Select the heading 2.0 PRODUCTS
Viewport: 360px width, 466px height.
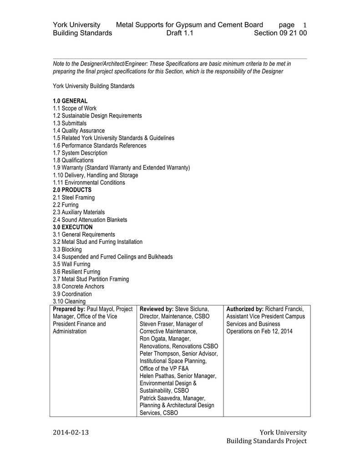click(72, 190)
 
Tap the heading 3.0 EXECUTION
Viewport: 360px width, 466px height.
click(73, 227)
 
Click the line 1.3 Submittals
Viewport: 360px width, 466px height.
click(70, 123)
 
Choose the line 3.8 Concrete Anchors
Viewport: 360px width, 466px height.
click(78, 286)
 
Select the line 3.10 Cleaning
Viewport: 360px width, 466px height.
click(69, 301)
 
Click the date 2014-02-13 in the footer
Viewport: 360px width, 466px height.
click(71, 432)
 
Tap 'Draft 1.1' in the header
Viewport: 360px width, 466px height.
click(180, 33)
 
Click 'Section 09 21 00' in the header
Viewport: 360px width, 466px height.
click(280, 33)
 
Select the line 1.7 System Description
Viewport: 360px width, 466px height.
click(80, 153)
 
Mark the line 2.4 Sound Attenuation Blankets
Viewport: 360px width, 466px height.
click(90, 220)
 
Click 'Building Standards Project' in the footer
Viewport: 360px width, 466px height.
click(267, 441)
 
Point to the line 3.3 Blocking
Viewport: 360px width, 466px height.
click(67, 249)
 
